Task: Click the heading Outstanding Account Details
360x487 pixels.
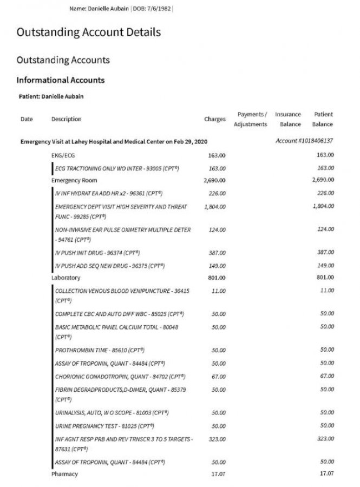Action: click(x=88, y=32)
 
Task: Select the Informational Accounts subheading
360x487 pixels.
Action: click(x=61, y=80)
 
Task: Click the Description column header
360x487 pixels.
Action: click(x=66, y=119)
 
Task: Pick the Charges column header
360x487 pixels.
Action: click(x=215, y=119)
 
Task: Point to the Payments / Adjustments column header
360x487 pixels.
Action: click(x=251, y=119)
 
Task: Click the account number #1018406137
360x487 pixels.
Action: click(x=304, y=141)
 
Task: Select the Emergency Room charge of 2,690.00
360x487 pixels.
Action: click(x=214, y=180)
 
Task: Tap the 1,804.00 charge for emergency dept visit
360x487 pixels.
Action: click(x=215, y=207)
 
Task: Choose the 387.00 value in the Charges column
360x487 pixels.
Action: click(x=217, y=253)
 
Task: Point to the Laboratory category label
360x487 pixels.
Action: click(x=66, y=278)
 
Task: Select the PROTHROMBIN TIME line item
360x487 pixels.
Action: click(x=100, y=350)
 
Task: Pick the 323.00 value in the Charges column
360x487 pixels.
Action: click(x=217, y=439)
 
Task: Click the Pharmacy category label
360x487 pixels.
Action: click(x=64, y=474)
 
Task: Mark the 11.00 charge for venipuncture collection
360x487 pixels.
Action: click(x=219, y=291)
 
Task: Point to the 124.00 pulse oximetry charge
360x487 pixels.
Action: click(x=217, y=229)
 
